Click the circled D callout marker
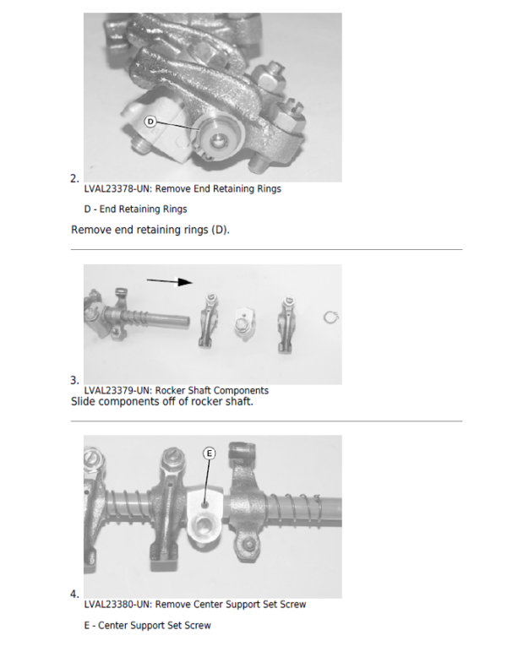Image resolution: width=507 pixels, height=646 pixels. [150, 122]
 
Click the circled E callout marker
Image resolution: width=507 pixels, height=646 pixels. [210, 453]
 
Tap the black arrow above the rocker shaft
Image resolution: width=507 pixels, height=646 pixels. [170, 281]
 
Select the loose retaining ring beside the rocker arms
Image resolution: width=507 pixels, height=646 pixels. [331, 318]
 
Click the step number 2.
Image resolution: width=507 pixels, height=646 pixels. [74, 179]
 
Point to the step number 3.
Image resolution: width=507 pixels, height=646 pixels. [74, 380]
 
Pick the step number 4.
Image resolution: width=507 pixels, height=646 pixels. [74, 594]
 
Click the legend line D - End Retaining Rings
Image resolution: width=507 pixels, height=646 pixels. [135, 209]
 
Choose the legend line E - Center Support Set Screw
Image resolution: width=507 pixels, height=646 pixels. [148, 626]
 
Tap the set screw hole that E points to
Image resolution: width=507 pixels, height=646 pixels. [204, 504]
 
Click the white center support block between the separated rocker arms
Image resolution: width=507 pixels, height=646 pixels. [244, 323]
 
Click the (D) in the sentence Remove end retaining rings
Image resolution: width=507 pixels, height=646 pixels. [219, 230]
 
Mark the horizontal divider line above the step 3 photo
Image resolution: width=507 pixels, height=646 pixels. [266, 249]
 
